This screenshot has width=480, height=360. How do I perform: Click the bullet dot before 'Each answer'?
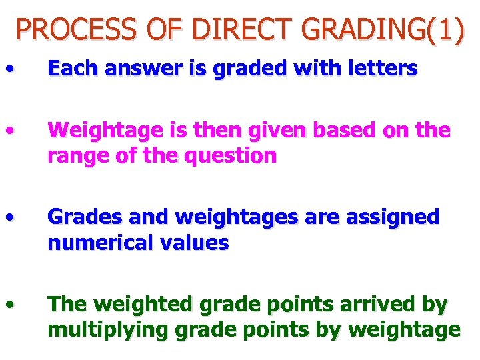9,67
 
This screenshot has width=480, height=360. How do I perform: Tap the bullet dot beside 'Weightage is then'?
9,129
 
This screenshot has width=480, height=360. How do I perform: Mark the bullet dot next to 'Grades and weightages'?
9,217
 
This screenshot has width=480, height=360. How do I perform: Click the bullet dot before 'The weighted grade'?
9,304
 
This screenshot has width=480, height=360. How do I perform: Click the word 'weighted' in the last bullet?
137,305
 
